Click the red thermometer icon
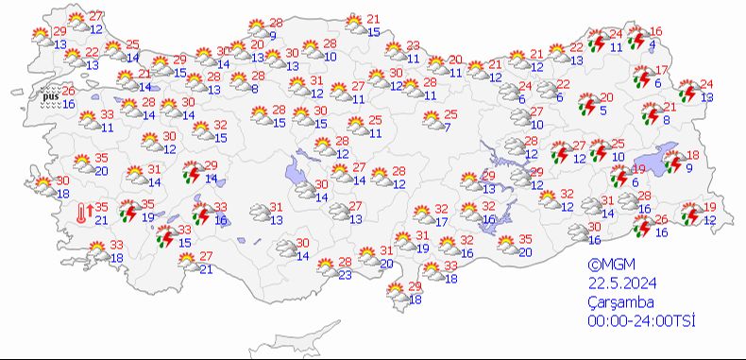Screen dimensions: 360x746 [x=84, y=214]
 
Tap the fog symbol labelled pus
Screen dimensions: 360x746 [x=50, y=95]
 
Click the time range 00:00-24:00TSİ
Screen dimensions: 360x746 [x=639, y=321]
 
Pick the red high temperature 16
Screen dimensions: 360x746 [x=656, y=32]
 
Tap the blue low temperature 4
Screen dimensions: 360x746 [x=653, y=44]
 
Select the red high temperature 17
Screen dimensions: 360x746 [x=662, y=71]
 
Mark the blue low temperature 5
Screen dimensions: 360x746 [x=602, y=110]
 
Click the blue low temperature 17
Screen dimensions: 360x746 [x=442, y=222]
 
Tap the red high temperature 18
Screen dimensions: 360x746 [x=692, y=155]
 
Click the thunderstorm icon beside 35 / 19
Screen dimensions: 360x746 [x=127, y=210]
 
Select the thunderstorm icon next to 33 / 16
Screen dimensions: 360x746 [x=199, y=213]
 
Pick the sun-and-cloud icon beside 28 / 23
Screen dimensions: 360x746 [x=322, y=267]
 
